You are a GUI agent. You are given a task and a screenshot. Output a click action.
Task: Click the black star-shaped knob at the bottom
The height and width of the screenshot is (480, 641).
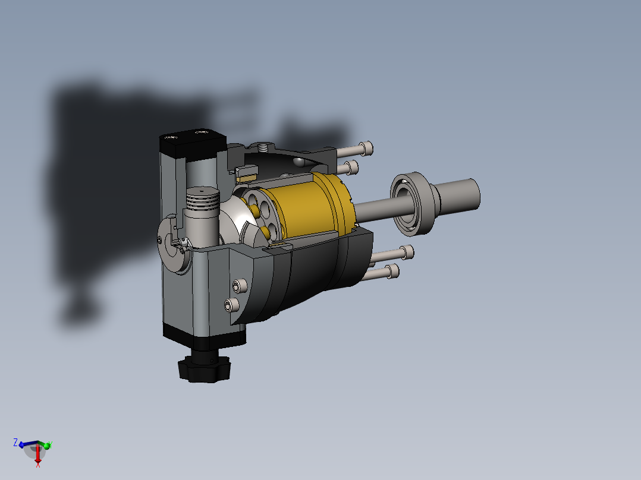pyautogui.click(x=204, y=369)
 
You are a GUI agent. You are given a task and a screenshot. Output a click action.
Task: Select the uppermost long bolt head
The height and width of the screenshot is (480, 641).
pyautogui.click(x=366, y=148)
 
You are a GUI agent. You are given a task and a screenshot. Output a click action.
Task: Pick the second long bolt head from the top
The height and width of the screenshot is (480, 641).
pyautogui.click(x=351, y=168)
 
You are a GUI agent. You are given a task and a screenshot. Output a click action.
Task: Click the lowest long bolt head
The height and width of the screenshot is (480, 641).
pyautogui.click(x=392, y=271)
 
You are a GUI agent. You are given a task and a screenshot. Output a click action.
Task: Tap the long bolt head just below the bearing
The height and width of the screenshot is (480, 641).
pyautogui.click(x=407, y=252)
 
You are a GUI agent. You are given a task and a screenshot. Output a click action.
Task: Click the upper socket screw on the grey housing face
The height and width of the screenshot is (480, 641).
pyautogui.click(x=240, y=285)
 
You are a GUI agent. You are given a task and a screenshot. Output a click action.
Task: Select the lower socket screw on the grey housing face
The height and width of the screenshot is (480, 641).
pyautogui.click(x=232, y=305)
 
